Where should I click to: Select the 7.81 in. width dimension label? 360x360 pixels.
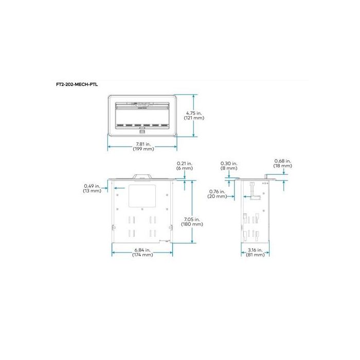(142, 146)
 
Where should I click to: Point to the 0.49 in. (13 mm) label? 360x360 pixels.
(92, 188)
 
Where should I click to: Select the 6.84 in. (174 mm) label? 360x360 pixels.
(142, 252)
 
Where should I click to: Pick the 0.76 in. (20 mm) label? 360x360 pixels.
(218, 194)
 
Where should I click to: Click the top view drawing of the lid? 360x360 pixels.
(142, 114)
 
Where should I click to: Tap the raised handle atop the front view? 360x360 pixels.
(142, 176)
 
